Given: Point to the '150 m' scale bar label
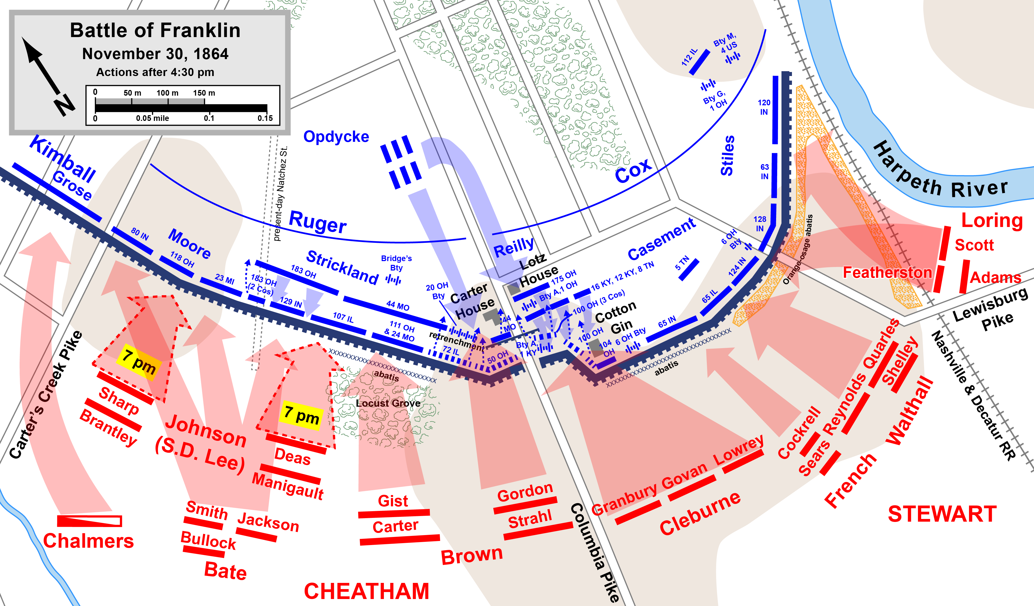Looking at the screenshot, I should coord(204,93).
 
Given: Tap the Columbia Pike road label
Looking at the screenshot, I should coord(595,552).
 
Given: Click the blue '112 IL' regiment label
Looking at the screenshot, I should coord(689,57).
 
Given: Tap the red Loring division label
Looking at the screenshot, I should coord(992,221).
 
